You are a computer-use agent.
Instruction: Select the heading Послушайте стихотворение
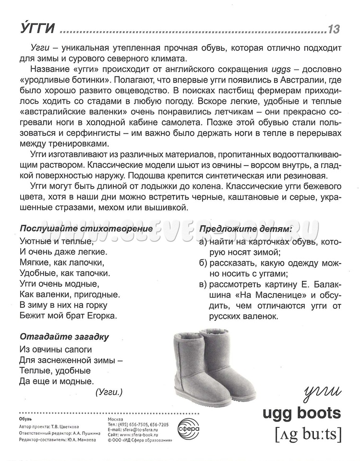coord(86,228)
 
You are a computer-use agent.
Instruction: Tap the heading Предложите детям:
coord(245,229)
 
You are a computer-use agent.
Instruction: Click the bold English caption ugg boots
coord(301,412)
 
